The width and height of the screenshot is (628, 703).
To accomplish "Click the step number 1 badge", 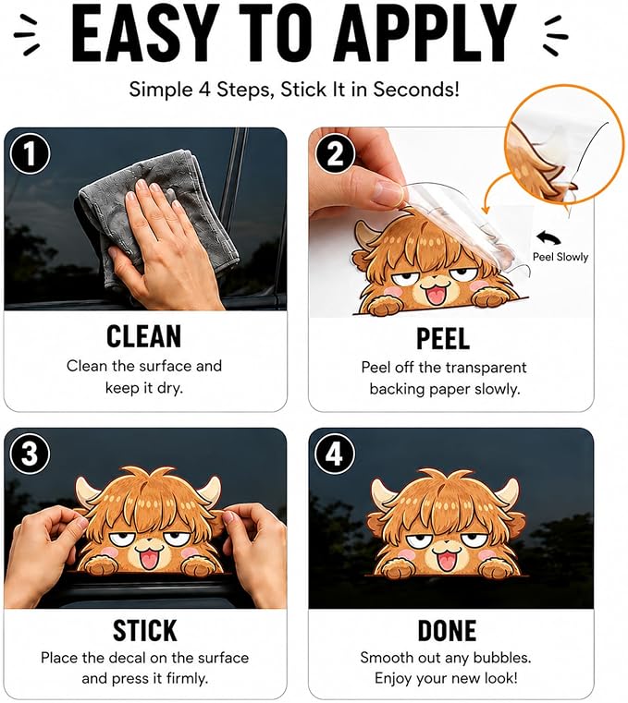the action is (x=30, y=154).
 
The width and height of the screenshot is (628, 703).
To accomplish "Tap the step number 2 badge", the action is (x=335, y=154).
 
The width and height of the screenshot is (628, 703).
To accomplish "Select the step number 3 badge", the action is (x=30, y=454).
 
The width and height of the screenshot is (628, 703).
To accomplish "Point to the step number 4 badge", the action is (x=335, y=454).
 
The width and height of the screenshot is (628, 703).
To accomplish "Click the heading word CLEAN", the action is (x=144, y=336).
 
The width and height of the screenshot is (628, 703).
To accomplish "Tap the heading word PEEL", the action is (x=443, y=338).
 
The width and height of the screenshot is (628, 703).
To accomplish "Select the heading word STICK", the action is (x=144, y=631).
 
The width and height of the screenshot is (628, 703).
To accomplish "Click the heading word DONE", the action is (x=447, y=631).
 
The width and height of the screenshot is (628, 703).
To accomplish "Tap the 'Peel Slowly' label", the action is (x=560, y=257).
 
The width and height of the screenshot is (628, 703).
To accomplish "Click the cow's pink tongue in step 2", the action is (x=434, y=297).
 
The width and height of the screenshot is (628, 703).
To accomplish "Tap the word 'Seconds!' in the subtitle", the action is (x=416, y=89).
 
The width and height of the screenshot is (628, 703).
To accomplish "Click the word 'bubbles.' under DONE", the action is (x=502, y=658).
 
